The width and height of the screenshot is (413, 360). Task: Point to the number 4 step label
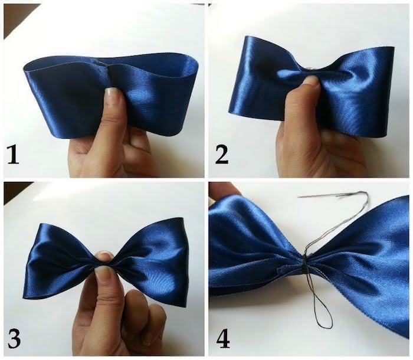[x=222, y=339]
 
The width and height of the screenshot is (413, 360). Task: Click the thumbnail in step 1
[x=112, y=95]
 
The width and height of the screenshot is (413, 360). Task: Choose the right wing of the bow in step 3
[x=156, y=260]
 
